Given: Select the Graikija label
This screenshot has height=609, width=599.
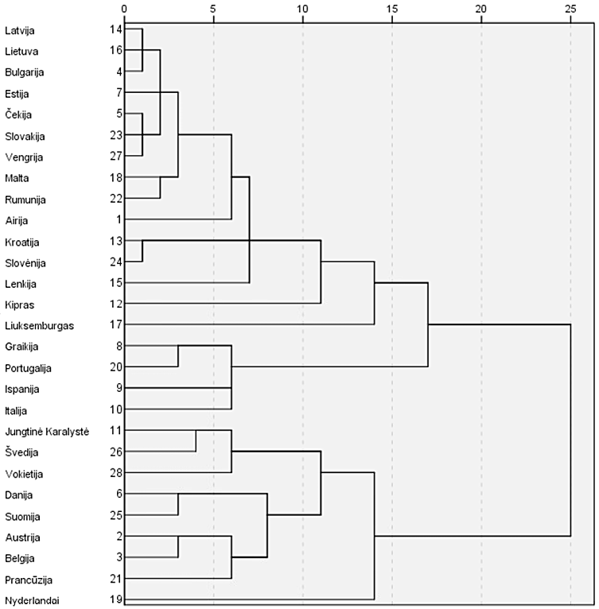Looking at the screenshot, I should coord(22,346).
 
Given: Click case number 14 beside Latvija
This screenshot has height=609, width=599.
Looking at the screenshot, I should coord(115,29).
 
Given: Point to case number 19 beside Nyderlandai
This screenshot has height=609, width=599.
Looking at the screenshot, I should coord(115,599).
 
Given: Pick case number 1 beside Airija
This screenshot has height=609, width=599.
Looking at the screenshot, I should coord(118,219).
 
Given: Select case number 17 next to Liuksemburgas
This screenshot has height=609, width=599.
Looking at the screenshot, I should coord(115,324).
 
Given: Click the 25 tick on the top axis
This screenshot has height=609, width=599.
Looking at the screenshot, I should coord(570,8).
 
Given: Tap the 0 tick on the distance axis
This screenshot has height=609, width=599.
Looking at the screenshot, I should coord(124,8).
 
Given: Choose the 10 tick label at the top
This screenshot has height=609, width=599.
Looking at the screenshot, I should coord(302,8).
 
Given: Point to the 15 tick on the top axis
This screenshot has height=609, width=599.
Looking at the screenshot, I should coord(391,8).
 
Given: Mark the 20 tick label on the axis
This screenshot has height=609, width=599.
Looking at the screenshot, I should coord(480,8).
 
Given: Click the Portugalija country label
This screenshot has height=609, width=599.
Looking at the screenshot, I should coord(28,367).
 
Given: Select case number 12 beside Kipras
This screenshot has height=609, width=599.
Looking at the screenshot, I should coord(115,304).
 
